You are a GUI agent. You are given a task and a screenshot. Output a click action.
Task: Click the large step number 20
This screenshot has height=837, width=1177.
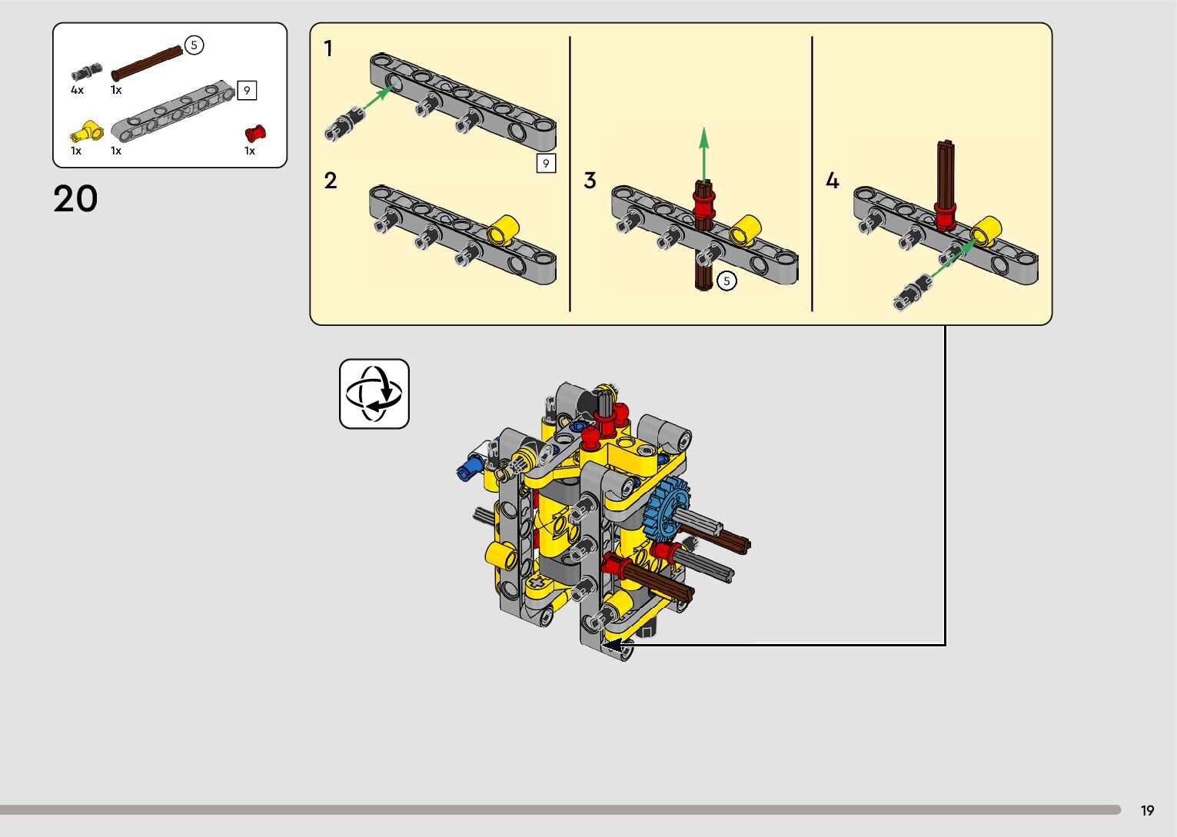tap(75, 198)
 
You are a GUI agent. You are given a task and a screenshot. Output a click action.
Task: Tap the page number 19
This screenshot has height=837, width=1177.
tap(1147, 810)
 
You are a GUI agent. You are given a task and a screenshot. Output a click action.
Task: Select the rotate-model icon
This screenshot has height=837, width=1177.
tap(374, 394)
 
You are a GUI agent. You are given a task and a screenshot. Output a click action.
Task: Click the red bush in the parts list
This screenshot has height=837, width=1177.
tap(255, 134)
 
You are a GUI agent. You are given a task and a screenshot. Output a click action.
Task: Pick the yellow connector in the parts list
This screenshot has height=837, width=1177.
tap(87, 131)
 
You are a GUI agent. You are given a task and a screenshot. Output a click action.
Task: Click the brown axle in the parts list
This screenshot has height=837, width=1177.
tap(147, 63)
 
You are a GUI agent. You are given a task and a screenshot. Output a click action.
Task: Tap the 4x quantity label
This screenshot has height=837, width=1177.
tap(77, 90)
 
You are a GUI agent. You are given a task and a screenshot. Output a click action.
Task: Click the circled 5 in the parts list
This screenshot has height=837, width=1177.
tap(194, 45)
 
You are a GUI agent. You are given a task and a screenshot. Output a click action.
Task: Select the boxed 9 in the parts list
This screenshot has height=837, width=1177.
tap(247, 91)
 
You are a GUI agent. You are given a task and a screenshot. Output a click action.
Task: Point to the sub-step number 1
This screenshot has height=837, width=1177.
tap(328, 48)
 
